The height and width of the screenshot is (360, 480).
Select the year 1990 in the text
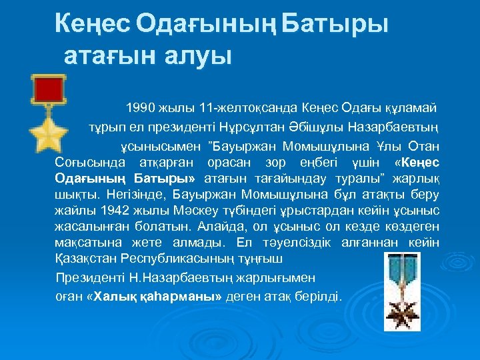click(141, 107)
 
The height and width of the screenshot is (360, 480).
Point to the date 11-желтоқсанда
click(227, 107)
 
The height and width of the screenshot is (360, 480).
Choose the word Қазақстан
click(86, 258)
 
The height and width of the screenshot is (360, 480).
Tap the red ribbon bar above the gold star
click(48, 89)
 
